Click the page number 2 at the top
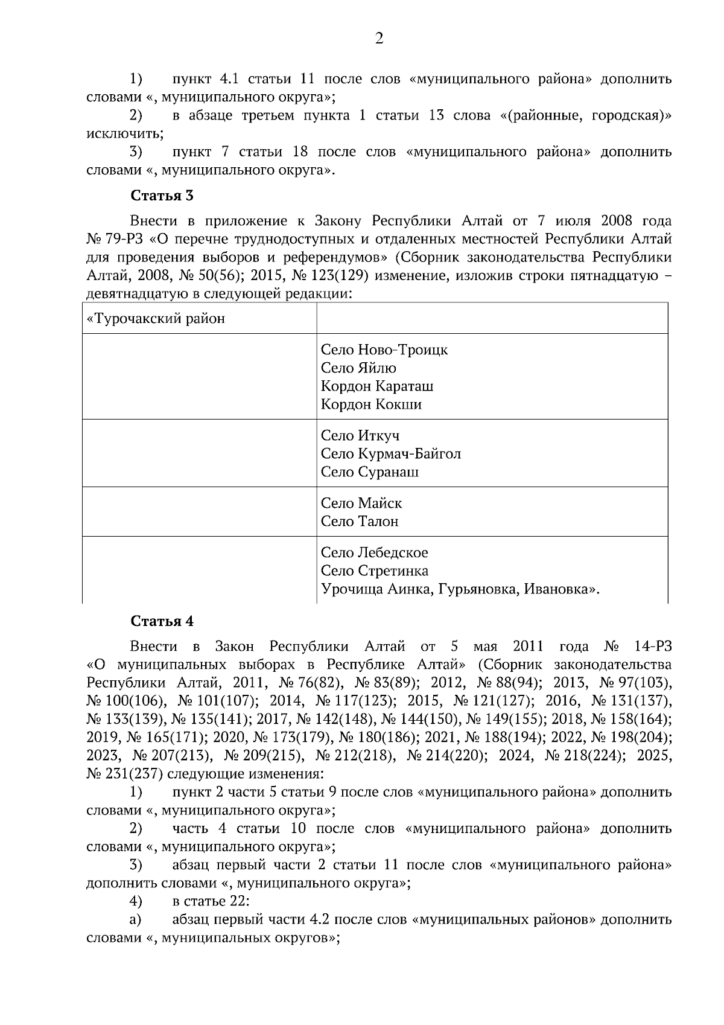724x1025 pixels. tap(379, 39)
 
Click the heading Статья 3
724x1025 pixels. tap(162, 196)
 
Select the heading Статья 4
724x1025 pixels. tap(162, 621)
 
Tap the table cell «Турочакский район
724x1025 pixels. tap(156, 318)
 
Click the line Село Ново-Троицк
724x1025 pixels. tap(384, 350)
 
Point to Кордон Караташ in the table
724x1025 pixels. tap(376, 386)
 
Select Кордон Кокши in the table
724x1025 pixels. tap(371, 404)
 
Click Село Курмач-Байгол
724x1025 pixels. tap(390, 453)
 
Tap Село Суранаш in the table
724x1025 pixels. tap(369, 471)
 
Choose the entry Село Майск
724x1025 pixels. tap(361, 503)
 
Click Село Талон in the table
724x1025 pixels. tap(360, 521)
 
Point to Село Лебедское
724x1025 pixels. tap(374, 552)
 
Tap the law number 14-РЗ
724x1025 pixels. tap(653, 647)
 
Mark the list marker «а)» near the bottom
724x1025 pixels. tap(136, 919)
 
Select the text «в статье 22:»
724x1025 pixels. tap(211, 901)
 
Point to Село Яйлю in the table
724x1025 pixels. tap(358, 368)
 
